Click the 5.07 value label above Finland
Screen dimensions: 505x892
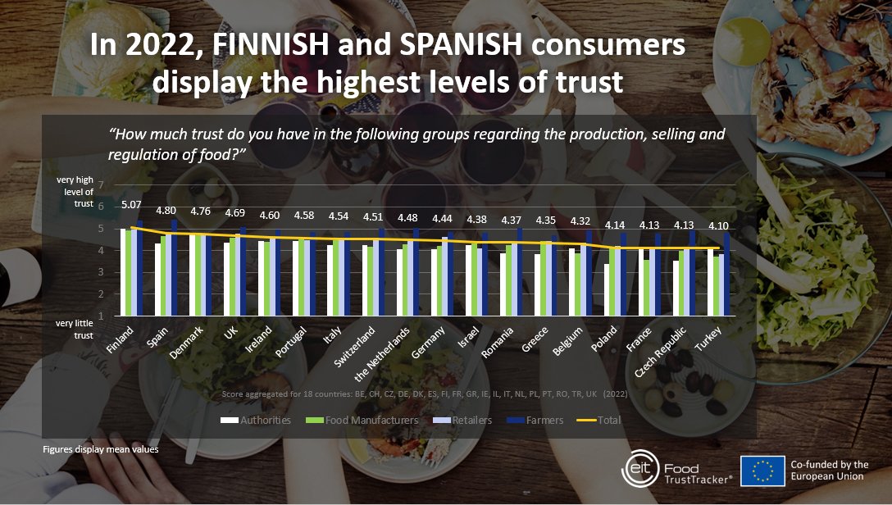131,205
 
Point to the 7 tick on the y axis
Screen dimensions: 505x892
100,184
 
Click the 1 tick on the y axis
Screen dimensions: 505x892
100,316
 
